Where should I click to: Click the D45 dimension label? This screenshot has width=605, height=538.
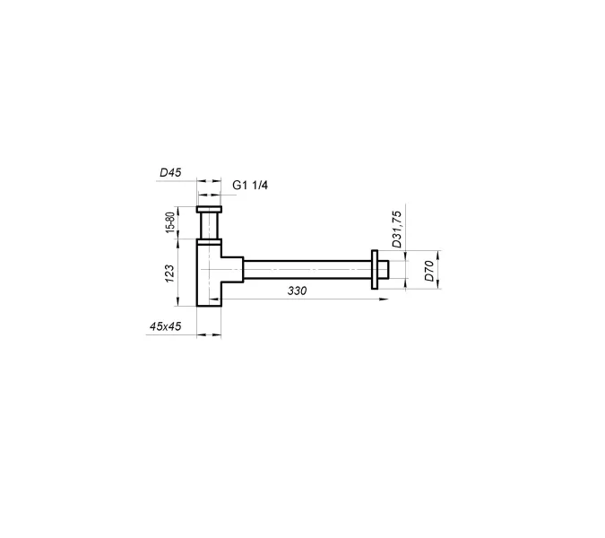tap(170, 171)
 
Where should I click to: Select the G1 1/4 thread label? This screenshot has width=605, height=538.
tap(251, 186)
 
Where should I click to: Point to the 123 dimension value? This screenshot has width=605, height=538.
tap(170, 272)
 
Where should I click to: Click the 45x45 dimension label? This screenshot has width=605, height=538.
tap(166, 327)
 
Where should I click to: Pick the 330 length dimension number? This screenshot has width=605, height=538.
tap(298, 291)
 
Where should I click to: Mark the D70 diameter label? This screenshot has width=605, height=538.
tap(429, 271)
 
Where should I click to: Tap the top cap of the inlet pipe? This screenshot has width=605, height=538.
tap(209, 210)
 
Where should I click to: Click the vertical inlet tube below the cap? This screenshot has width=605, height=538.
tap(209, 226)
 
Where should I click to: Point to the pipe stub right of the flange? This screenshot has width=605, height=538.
tap(384, 268)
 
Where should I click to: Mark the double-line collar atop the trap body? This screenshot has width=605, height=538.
tap(209, 241)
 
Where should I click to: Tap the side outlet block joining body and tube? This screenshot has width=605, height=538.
tap(232, 268)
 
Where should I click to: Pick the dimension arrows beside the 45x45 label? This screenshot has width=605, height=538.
tap(209, 335)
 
